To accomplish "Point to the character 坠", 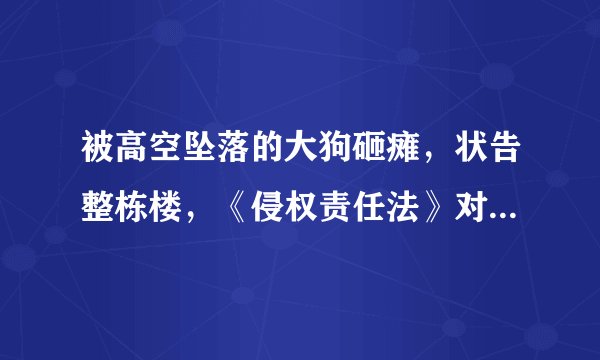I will click(x=195, y=154).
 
